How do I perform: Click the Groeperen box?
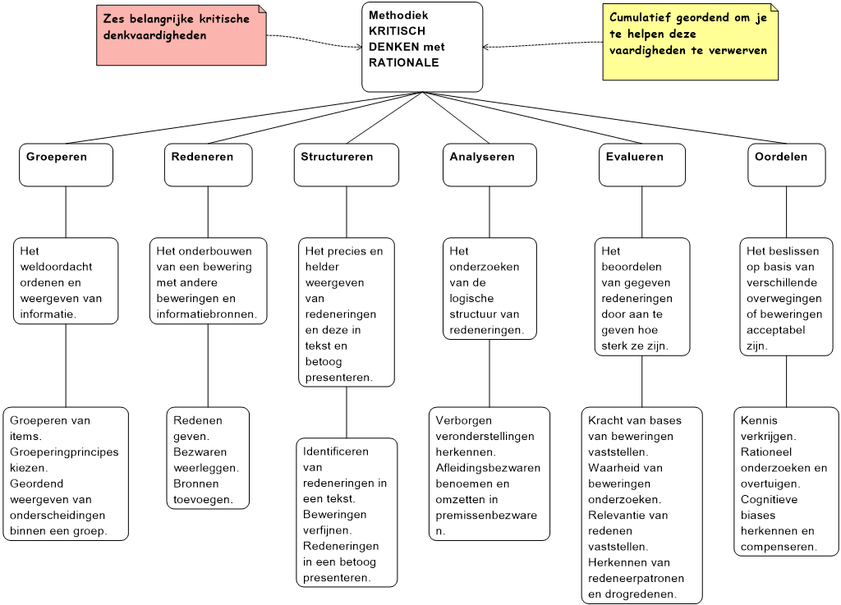tap(66, 165)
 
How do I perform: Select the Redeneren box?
tap(208, 165)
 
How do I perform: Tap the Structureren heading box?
tap(347, 165)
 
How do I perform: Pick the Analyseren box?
tap(489, 165)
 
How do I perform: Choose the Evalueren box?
tap(642, 165)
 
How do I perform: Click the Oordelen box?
tap(786, 165)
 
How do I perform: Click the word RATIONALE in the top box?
tap(404, 62)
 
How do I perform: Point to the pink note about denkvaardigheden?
tap(182, 35)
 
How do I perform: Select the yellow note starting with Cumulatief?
tap(690, 42)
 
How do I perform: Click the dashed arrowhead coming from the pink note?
tap(360, 47)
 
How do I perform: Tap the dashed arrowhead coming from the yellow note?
tap(486, 47)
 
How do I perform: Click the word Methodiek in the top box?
tap(398, 15)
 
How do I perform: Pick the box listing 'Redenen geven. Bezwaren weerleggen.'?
tap(208, 458)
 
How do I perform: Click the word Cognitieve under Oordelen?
tap(769, 499)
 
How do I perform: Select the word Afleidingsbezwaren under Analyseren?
tap(488, 468)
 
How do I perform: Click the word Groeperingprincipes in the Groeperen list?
tap(64, 452)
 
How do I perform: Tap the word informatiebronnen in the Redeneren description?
tap(205, 314)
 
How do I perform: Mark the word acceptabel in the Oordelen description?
tap(775, 330)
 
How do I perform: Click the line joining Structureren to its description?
tap(347, 213)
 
